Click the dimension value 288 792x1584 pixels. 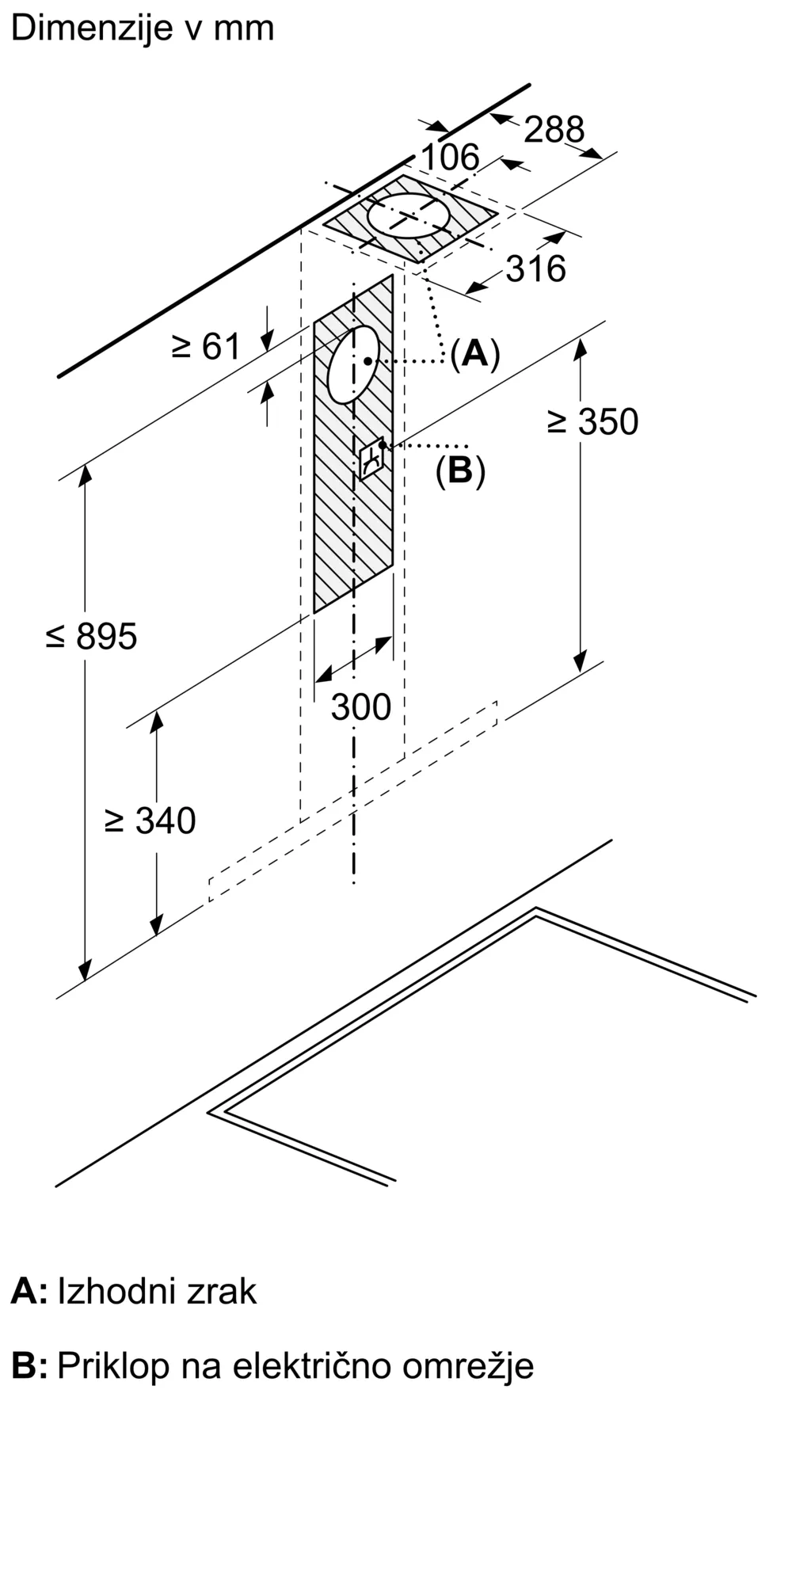tap(554, 129)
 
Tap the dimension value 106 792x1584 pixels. tap(449, 157)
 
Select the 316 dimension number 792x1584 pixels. tap(536, 269)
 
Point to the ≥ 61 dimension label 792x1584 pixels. tap(206, 346)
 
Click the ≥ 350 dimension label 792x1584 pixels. tap(592, 422)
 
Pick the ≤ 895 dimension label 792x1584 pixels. tap(92, 636)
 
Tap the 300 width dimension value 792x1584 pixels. tap(360, 706)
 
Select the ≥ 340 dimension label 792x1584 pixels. tap(150, 821)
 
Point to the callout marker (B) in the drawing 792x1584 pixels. tap(460, 470)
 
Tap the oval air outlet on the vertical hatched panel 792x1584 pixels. tap(353, 364)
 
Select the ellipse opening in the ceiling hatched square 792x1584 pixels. tap(409, 215)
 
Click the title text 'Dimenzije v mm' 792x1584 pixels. tap(143, 29)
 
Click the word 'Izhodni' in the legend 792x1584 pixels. tap(116, 1291)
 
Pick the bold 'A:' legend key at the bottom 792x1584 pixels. tap(29, 1291)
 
